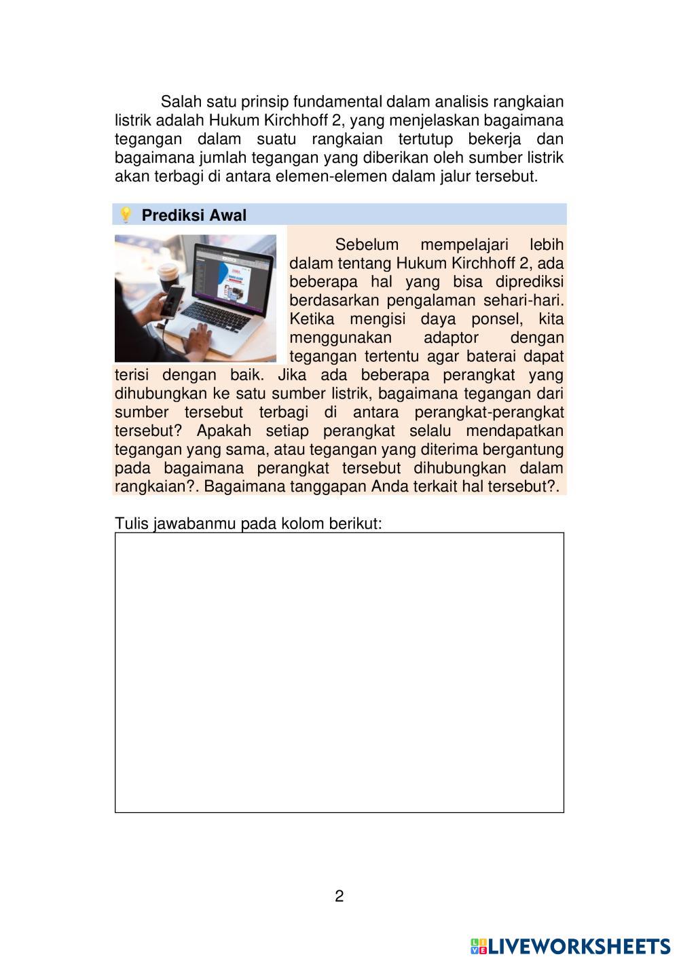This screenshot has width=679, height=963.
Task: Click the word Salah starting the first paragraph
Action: pyautogui.click(x=179, y=103)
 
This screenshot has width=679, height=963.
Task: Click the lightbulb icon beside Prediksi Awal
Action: pyautogui.click(x=125, y=215)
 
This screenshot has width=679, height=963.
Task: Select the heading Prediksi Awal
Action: pyautogui.click(x=194, y=215)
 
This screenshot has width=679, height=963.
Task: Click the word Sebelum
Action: pyautogui.click(x=367, y=244)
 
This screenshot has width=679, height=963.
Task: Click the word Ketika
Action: pyautogui.click(x=312, y=319)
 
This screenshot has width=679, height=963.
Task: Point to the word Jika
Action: pyautogui.click(x=292, y=375)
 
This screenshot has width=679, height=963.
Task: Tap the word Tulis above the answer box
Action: pyautogui.click(x=131, y=524)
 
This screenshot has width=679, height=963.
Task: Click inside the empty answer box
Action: pyautogui.click(x=339, y=672)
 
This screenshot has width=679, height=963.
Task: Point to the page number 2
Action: pyautogui.click(x=339, y=896)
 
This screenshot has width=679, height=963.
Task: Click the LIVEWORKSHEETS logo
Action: pyautogui.click(x=570, y=947)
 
